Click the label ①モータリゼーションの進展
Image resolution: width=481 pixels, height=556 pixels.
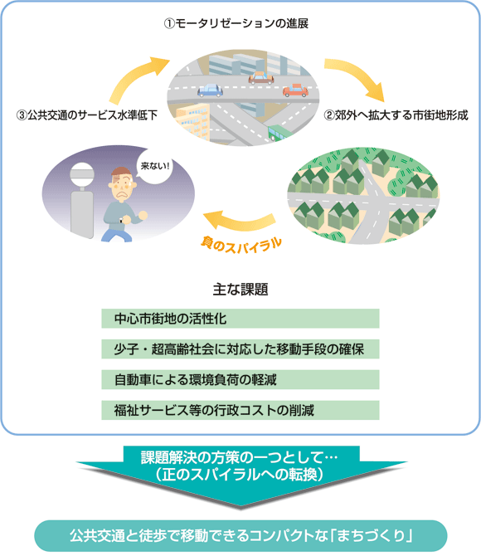[x=236, y=23]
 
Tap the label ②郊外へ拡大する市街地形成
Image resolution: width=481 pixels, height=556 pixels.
[x=396, y=115]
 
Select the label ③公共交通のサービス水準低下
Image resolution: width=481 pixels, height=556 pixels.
[x=87, y=115]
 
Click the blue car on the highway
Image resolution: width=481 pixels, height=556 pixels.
[x=210, y=90]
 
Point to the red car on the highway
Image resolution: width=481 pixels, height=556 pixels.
[x=295, y=90]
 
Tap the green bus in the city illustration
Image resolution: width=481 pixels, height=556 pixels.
[x=279, y=133]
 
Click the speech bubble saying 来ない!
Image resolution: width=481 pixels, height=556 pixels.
[x=154, y=166]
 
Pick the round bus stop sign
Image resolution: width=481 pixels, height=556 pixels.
[x=82, y=173]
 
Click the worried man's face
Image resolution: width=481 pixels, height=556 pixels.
[x=122, y=184]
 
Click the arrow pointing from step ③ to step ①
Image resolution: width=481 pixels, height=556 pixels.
[x=138, y=78]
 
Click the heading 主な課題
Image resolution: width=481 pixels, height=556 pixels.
[x=240, y=290]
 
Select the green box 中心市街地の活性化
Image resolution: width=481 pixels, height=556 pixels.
[x=240, y=319]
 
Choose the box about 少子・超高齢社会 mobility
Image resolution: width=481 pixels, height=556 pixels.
[x=240, y=349]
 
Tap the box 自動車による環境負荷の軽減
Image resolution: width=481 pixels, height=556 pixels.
[x=240, y=380]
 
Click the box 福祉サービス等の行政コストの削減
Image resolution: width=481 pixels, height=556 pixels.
[x=240, y=410]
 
